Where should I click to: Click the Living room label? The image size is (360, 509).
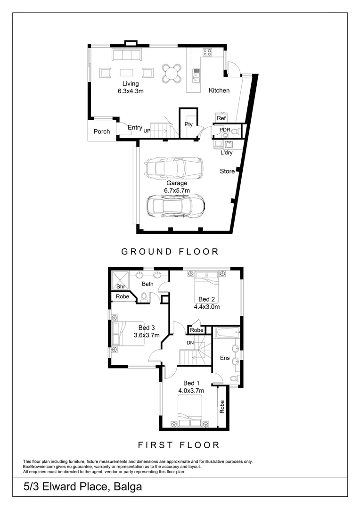(x=131, y=84)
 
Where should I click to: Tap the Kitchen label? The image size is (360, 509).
(x=219, y=90)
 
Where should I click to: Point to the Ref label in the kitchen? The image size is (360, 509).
(x=221, y=118)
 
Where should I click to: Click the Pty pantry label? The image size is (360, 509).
(x=188, y=124)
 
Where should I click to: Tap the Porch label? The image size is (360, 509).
(x=101, y=131)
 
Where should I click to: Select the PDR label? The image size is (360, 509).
(x=225, y=130)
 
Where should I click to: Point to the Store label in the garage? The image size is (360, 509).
(x=227, y=172)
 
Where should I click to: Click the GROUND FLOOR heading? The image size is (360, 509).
(x=170, y=252)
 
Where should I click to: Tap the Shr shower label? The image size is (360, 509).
(x=121, y=286)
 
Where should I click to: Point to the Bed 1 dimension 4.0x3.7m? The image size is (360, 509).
(x=191, y=391)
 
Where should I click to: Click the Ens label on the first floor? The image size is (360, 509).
(x=225, y=358)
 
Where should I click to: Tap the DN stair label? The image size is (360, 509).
(x=190, y=343)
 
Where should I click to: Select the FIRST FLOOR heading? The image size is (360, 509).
(x=179, y=445)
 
